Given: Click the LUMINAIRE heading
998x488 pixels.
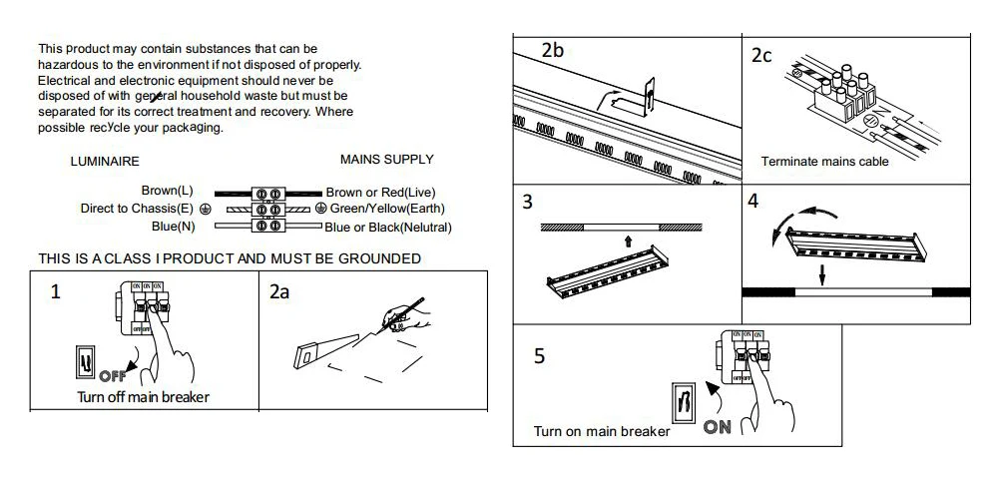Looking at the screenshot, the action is point(105,162).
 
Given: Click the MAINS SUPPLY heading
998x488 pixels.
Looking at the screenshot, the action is point(387,159).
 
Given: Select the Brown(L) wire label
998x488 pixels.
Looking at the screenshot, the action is point(168,191).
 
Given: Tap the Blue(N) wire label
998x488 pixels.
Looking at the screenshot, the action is point(173,226).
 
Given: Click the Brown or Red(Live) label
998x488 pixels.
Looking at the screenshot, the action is point(380,193).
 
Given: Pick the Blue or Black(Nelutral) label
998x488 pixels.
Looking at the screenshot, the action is point(387,228).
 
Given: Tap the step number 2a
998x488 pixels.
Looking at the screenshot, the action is point(279,292).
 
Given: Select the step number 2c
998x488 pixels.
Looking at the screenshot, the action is point(761,55).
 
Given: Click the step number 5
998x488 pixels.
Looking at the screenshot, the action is point(539,356).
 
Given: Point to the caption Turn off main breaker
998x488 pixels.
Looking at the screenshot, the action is point(143,397).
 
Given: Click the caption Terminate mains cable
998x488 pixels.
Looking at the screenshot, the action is point(825,162).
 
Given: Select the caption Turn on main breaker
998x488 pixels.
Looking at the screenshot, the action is point(602,432).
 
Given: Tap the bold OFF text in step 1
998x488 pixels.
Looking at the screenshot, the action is point(113,376).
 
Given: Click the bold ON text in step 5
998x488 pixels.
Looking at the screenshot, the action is point(718,427).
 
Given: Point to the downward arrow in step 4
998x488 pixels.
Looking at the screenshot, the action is point(822,275).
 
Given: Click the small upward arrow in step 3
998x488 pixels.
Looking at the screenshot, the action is point(628,241).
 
